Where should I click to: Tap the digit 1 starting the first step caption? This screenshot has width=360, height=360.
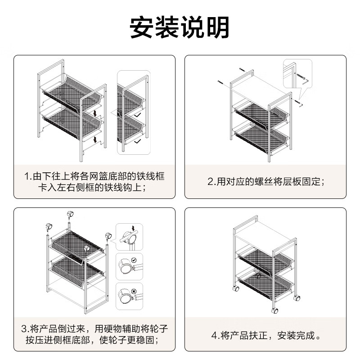click(x=27, y=176)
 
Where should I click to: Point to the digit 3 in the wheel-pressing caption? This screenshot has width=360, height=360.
click(x=25, y=328)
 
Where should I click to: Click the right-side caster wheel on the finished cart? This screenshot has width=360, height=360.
click(x=297, y=298)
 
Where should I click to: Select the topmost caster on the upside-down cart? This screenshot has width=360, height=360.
click(x=70, y=214)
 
